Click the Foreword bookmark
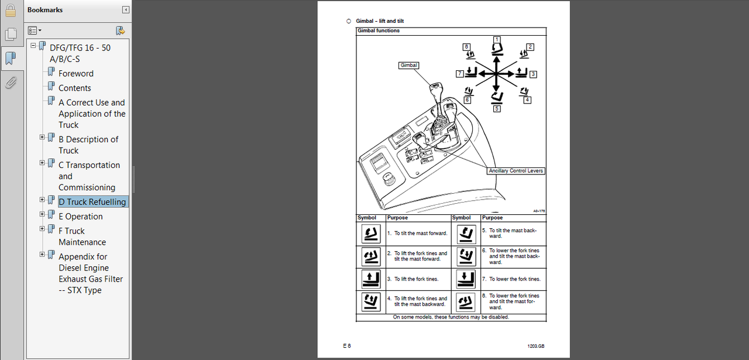pyautogui.click(x=76, y=74)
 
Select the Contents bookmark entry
pyautogui.click(x=75, y=88)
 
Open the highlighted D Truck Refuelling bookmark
pyautogui.click(x=92, y=202)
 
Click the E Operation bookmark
pyautogui.click(x=80, y=217)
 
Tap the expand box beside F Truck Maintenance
pyautogui.click(x=42, y=229)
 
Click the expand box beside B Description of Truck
pyautogui.click(x=42, y=137)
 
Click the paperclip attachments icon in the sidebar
pyautogui.click(x=11, y=83)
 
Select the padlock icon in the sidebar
pyautogui.click(x=11, y=10)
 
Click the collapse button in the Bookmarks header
pyautogui.click(x=125, y=10)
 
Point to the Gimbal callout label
pyautogui.click(x=408, y=66)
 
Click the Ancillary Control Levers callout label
pyautogui.click(x=516, y=171)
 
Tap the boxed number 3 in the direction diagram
pyautogui.click(x=533, y=74)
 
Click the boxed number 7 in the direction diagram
pyautogui.click(x=460, y=74)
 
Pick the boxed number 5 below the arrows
pyautogui.click(x=497, y=108)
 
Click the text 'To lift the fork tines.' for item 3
pyautogui.click(x=416, y=279)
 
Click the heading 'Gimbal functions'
pyautogui.click(x=379, y=30)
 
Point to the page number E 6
pyautogui.click(x=347, y=345)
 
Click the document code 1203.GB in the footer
pyautogui.click(x=536, y=346)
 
